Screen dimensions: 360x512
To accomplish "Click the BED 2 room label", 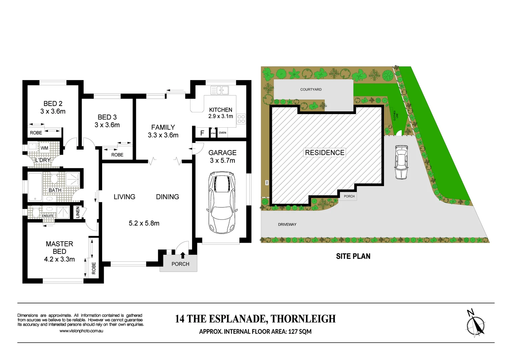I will (x=53, y=104).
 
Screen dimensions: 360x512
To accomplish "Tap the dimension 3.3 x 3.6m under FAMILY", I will (x=163, y=135).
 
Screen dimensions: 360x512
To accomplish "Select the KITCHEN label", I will (x=220, y=110).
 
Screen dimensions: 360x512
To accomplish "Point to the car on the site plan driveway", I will (x=401, y=162).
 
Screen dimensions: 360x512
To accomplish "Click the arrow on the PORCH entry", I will (x=183, y=255).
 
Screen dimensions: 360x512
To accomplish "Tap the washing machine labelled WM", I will (x=44, y=148).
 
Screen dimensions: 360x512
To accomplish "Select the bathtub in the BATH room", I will (x=35, y=187).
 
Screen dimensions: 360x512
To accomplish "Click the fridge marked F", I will (x=202, y=133).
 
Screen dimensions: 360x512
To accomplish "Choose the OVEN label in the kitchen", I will (x=222, y=133).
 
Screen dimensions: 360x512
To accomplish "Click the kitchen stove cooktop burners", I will (x=241, y=119).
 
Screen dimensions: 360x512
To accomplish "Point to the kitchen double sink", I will (x=220, y=90).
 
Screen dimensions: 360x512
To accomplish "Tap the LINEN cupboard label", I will (x=78, y=212).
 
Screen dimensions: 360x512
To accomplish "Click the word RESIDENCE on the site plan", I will (x=325, y=153).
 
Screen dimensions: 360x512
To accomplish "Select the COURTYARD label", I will (x=311, y=89).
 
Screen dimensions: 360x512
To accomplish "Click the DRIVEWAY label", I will (x=287, y=224).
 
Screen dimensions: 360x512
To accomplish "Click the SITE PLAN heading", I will (x=353, y=256).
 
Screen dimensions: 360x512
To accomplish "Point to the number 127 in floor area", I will (x=293, y=332).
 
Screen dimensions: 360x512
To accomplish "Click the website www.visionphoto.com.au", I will (x=81, y=331).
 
